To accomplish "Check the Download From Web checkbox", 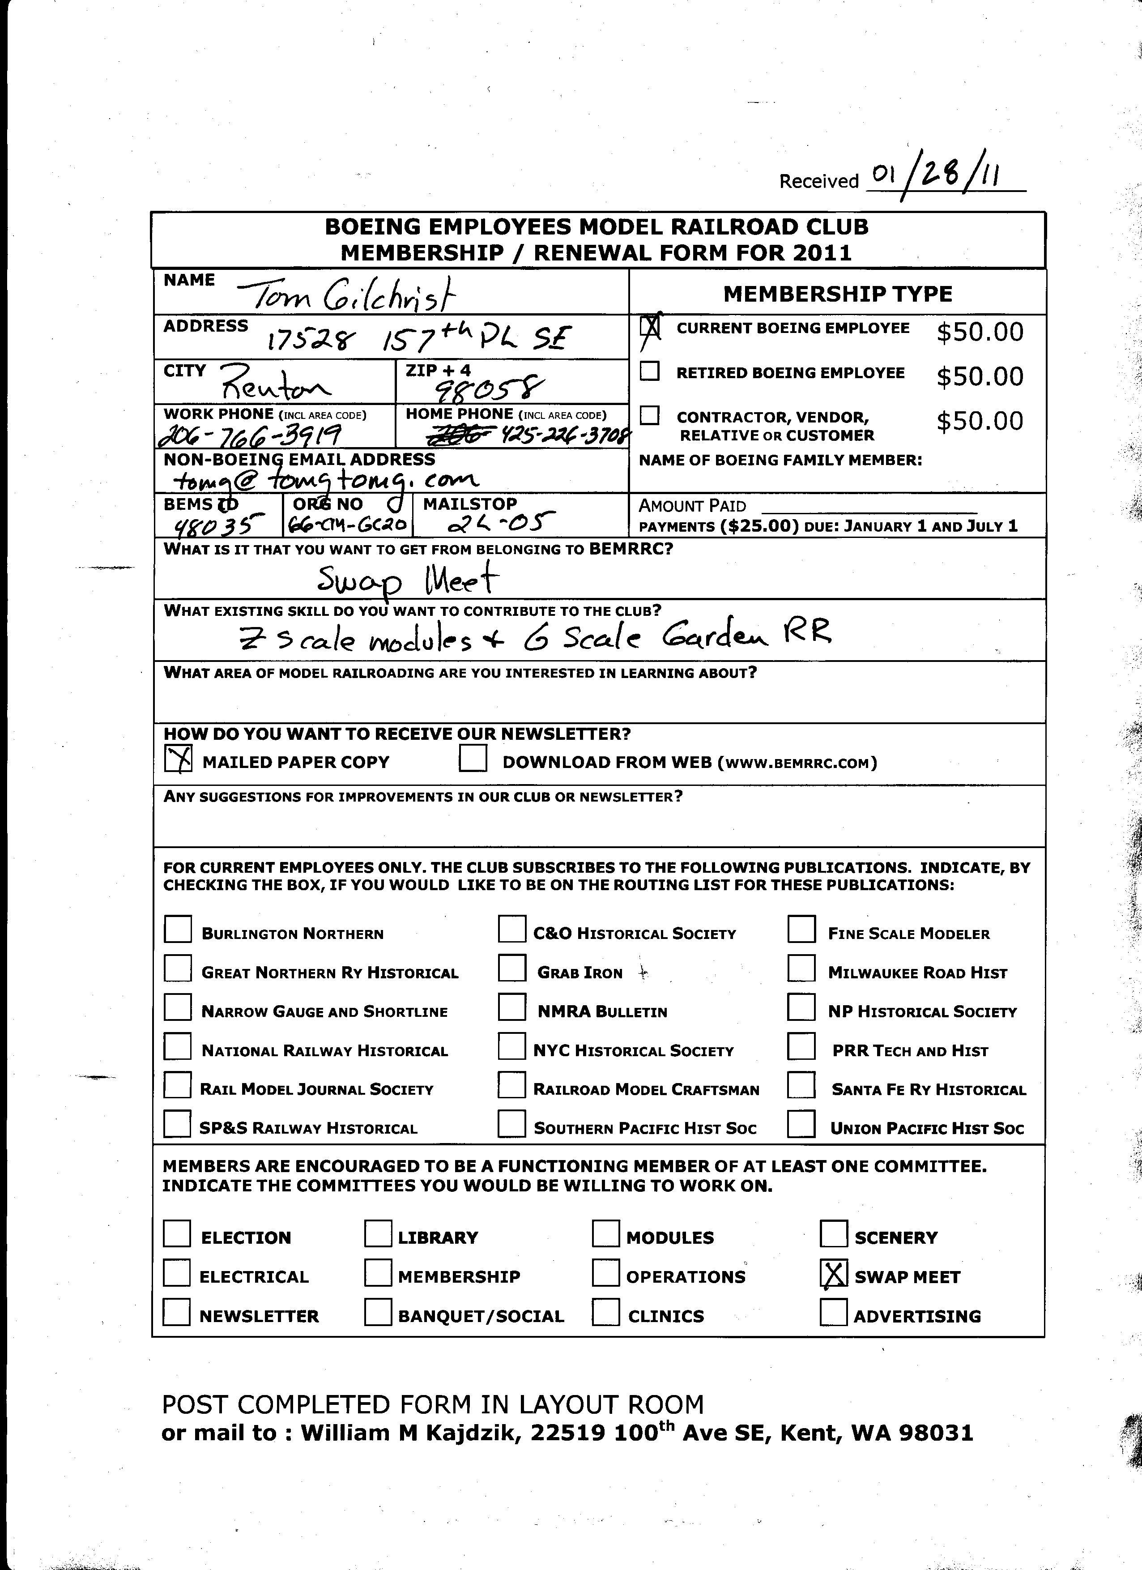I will pyautogui.click(x=473, y=759).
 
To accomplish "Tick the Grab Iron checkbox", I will pyautogui.click(x=511, y=968).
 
